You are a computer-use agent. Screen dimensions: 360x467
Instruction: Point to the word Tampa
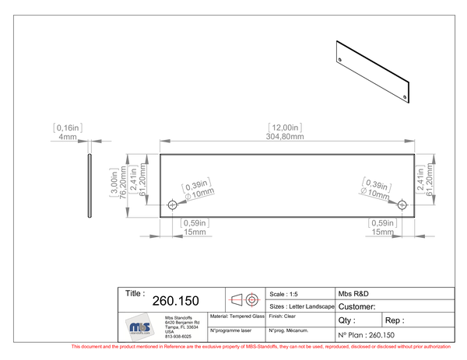[x=171, y=327]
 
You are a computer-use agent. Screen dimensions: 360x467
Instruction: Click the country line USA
[x=169, y=332]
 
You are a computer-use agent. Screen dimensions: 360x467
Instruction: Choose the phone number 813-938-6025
[x=177, y=337]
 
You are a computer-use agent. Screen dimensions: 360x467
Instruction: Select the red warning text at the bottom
[x=261, y=346]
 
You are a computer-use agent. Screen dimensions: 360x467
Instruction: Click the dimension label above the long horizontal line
[x=283, y=129]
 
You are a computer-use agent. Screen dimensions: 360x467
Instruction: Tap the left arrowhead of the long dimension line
[x=161, y=140]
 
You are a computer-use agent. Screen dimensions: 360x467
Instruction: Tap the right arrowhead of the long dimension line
[x=410, y=140]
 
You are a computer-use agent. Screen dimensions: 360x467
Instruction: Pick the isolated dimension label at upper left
[x=68, y=128]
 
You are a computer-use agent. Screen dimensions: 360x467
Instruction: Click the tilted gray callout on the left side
[x=196, y=187]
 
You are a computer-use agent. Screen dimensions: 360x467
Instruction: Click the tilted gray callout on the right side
[x=376, y=187]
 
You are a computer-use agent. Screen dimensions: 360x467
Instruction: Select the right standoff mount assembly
[x=427, y=180]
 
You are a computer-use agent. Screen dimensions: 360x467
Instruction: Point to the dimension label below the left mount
[x=194, y=226]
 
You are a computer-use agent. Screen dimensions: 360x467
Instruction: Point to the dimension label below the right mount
[x=384, y=226]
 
